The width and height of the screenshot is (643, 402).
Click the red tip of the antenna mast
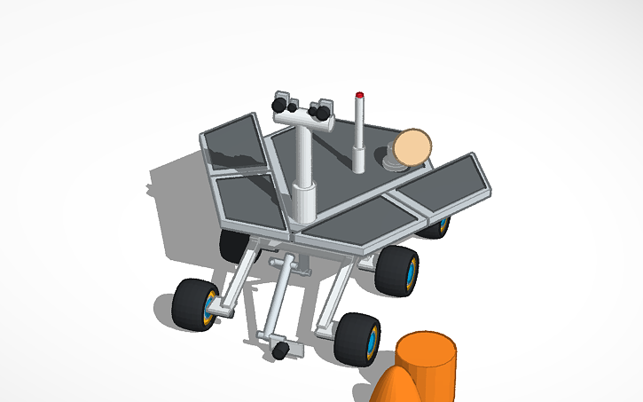tap(359, 94)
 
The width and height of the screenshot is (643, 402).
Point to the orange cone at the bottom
tap(394, 387)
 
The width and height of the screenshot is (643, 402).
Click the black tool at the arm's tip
tap(279, 351)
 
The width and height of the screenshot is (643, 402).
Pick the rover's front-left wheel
tap(197, 303)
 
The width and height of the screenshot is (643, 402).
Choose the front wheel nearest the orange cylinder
tap(358, 337)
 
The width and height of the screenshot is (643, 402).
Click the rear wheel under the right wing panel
tap(435, 227)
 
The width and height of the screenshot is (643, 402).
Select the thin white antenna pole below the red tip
tap(359, 133)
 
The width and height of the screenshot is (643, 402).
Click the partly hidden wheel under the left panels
tap(233, 244)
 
